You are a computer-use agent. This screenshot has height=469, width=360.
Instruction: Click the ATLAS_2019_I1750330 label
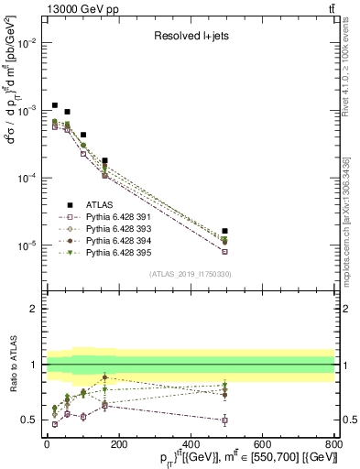click(189, 273)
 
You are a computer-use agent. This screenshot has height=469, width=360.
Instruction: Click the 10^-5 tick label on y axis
click(27, 245)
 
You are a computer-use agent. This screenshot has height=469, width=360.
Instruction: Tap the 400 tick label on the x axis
click(191, 444)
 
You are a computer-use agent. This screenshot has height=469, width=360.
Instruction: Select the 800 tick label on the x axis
click(334, 444)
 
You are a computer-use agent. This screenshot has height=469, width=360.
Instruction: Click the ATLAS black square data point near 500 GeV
click(225, 231)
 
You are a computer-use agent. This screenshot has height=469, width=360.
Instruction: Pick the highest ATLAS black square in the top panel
click(55, 105)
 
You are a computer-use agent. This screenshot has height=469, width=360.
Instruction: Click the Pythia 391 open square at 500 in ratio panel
click(225, 420)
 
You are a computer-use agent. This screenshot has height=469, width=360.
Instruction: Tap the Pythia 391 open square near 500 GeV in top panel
click(225, 251)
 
